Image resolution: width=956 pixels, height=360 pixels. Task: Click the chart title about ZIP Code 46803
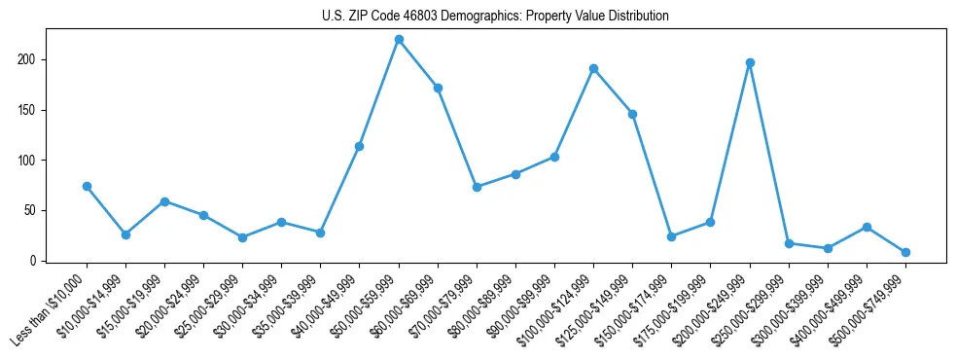pos(495,17)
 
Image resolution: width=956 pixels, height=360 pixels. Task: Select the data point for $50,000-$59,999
pos(399,40)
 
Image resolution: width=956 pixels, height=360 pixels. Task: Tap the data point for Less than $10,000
pos(87,186)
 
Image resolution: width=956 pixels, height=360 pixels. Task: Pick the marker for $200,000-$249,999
pos(750,62)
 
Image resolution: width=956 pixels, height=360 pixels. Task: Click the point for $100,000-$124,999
pos(593,69)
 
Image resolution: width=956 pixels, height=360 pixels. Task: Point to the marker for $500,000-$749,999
pos(905,252)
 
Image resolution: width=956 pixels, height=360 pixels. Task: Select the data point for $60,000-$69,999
pos(438,88)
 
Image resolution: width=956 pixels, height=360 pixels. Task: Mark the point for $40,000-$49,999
pos(360,146)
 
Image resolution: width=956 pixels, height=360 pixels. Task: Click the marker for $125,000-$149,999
pos(632,114)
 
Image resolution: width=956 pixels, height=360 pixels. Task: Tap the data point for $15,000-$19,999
pos(164,201)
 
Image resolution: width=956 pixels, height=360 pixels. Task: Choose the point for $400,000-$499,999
pos(867,227)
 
